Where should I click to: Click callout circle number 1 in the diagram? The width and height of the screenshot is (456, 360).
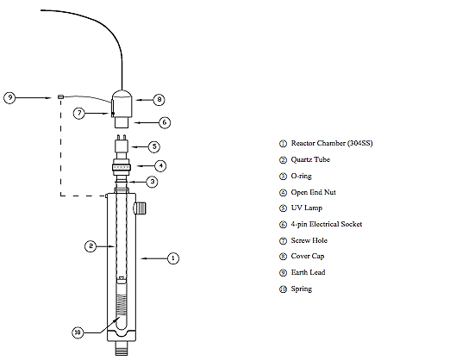[x=172, y=258]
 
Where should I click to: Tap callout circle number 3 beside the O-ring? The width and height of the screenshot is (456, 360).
[x=152, y=182]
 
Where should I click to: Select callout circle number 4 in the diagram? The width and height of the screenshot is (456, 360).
[x=159, y=165]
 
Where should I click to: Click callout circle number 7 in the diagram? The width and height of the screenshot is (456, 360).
[x=79, y=112]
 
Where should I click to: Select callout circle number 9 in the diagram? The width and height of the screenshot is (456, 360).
[x=10, y=97]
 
